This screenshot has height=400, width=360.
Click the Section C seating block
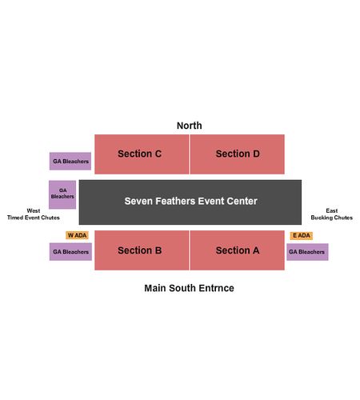[x=142, y=154]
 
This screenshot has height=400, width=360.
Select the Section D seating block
[x=238, y=154]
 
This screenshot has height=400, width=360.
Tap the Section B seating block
[x=142, y=250]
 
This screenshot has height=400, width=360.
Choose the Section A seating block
[x=238, y=250]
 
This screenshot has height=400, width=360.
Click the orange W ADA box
[x=77, y=235]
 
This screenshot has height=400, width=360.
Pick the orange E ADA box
[x=302, y=235]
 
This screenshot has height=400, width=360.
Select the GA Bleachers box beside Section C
[x=70, y=161]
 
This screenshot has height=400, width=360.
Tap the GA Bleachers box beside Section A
[x=307, y=252]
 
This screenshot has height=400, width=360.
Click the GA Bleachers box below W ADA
[x=70, y=251]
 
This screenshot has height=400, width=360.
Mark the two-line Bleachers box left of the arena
[x=62, y=194]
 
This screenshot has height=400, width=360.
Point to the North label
[x=190, y=126]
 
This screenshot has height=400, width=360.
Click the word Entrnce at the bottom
[x=217, y=288]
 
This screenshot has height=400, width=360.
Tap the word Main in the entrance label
[x=155, y=288]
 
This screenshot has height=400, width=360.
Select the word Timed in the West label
[x=15, y=218]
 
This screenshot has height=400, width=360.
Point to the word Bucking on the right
[x=321, y=218]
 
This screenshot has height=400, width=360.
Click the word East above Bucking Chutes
[x=332, y=210]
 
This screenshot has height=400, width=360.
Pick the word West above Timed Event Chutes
[x=34, y=210]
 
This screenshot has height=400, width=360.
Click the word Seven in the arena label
[x=138, y=201]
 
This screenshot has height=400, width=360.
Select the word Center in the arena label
[x=242, y=201]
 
